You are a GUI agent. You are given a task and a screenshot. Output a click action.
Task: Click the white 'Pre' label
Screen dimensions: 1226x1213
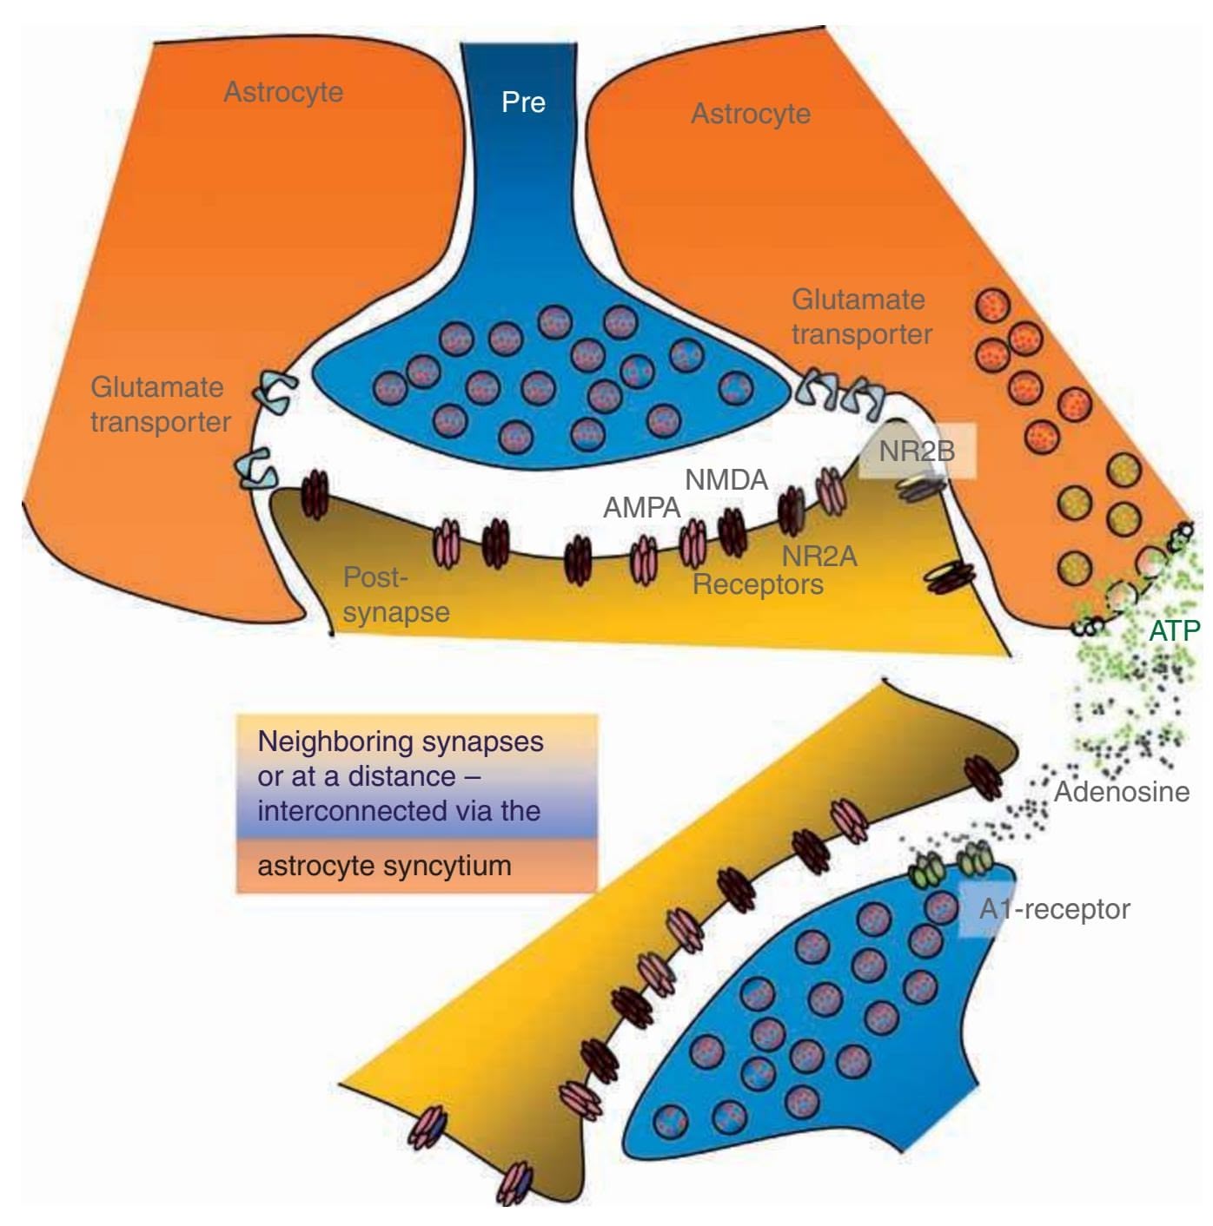(x=523, y=102)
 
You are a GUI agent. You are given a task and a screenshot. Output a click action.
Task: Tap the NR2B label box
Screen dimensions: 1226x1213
(x=917, y=451)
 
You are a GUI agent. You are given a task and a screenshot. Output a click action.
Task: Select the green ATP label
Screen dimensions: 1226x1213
(x=1174, y=630)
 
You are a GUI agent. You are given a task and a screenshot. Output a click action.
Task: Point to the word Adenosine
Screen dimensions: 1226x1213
(x=1121, y=791)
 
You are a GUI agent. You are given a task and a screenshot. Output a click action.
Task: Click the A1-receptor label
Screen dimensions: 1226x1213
(x=1054, y=909)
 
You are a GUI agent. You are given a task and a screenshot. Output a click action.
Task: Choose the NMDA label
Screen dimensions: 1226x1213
(x=726, y=479)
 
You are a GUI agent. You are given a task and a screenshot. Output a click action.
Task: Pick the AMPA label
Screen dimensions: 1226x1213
(x=641, y=507)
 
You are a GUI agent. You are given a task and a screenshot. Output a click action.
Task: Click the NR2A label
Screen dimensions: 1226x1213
(x=819, y=556)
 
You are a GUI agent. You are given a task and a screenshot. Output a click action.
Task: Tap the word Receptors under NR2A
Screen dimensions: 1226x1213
(x=758, y=584)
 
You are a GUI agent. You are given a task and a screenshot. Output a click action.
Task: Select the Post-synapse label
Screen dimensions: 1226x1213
(x=395, y=594)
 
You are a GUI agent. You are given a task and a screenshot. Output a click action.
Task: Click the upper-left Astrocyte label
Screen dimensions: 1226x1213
(x=283, y=91)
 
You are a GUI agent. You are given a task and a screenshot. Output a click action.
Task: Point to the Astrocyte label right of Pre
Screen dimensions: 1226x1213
(x=751, y=113)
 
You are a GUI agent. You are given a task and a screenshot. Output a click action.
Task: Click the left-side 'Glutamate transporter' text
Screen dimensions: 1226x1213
(x=161, y=404)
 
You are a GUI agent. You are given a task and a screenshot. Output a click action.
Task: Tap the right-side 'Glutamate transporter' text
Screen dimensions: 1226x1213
(x=861, y=316)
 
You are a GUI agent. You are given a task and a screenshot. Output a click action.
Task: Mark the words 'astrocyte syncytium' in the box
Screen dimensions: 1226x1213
(x=384, y=865)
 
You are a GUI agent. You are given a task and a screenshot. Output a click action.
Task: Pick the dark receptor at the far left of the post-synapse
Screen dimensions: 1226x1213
(x=315, y=494)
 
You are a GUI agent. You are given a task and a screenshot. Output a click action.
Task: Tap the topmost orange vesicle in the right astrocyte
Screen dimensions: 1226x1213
(x=993, y=306)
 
